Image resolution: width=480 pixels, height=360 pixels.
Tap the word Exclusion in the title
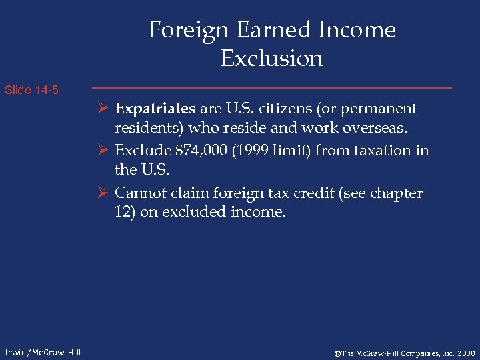pos(271,59)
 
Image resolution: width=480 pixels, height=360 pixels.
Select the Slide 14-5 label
pos(31,89)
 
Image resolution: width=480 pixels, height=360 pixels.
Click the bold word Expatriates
pos(155,109)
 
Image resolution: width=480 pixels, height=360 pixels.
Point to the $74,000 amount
pos(193,151)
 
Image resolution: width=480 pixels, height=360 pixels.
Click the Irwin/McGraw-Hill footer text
pos(41,352)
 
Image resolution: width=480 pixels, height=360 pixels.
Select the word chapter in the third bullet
pos(397,193)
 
